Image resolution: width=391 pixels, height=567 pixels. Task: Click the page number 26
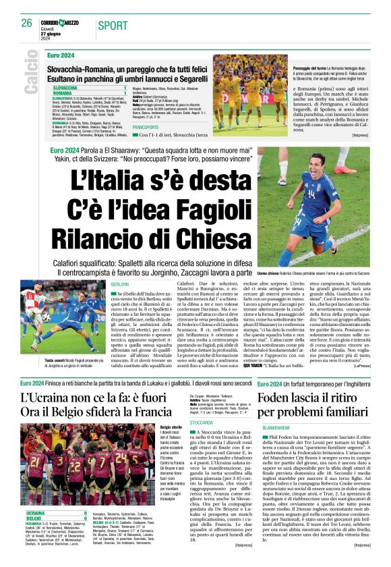(x=26, y=24)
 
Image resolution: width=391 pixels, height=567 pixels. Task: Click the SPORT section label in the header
(x=113, y=26)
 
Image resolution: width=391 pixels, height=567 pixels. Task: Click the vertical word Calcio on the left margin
(x=32, y=76)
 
